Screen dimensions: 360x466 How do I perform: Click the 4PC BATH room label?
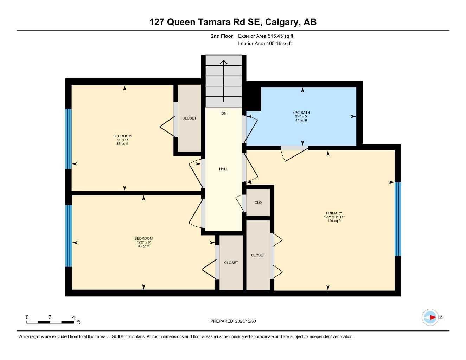(x=301, y=112)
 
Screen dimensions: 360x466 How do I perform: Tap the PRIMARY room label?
(x=334, y=213)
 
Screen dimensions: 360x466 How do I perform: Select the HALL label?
(x=223, y=169)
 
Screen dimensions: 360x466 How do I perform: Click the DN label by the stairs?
(x=224, y=113)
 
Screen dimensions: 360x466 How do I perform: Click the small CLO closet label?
(x=258, y=202)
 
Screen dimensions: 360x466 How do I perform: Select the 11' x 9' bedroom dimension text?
(x=122, y=140)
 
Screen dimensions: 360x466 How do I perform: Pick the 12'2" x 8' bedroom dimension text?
(x=143, y=242)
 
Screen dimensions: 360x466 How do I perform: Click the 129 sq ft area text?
(x=334, y=221)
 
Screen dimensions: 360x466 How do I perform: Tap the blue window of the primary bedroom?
(x=397, y=219)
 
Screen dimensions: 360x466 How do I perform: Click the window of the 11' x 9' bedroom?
(x=69, y=139)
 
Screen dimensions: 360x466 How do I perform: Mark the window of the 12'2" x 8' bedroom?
(x=69, y=236)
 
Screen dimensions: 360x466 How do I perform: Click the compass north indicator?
(x=430, y=317)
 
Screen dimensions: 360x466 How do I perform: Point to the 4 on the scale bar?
(x=74, y=317)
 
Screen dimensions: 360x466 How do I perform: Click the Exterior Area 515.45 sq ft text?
(x=266, y=36)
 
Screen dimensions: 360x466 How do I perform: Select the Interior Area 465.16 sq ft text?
(x=265, y=44)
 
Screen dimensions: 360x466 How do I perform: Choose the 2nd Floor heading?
(x=222, y=36)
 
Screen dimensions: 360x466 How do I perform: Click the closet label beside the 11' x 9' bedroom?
(x=189, y=118)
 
